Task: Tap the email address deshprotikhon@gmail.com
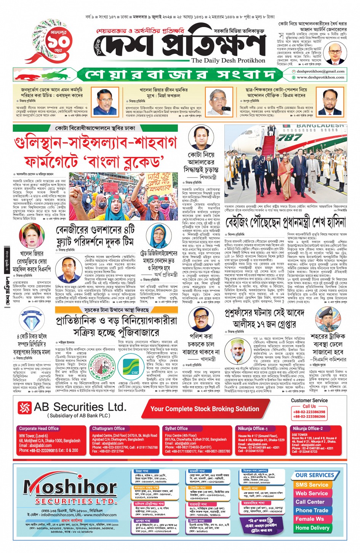(x=320, y=71)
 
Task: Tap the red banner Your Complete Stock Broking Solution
(x=205, y=409)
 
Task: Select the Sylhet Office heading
(x=176, y=428)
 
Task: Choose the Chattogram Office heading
(x=109, y=428)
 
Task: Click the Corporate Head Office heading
(x=39, y=428)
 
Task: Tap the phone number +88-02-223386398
(x=309, y=412)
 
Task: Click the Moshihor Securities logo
(x=65, y=489)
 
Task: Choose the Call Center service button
(x=310, y=502)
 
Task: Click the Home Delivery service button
(x=312, y=528)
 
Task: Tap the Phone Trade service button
(x=312, y=510)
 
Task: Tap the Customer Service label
(x=309, y=400)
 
